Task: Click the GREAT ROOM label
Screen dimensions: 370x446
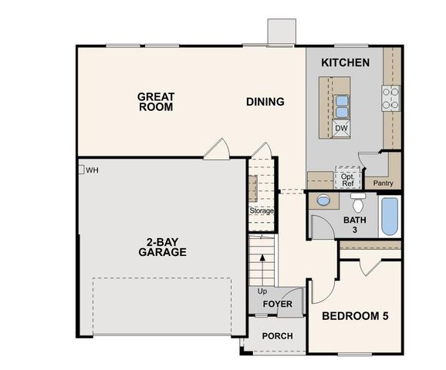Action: click(156, 103)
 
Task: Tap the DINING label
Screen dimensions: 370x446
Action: click(265, 102)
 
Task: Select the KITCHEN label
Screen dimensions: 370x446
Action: click(345, 62)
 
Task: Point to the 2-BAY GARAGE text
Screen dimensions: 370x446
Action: click(162, 246)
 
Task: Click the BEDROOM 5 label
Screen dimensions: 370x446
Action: click(356, 315)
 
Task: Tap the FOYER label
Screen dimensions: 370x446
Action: click(277, 304)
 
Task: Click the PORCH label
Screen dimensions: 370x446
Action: click(276, 336)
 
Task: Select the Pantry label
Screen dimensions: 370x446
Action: click(383, 183)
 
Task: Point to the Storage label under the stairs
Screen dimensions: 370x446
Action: click(262, 210)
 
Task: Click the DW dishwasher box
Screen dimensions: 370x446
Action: click(341, 128)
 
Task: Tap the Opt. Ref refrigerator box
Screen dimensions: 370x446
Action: click(348, 179)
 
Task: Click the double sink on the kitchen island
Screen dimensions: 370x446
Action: click(342, 104)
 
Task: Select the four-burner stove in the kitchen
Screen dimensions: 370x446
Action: click(390, 97)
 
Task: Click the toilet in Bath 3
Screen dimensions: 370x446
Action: click(358, 204)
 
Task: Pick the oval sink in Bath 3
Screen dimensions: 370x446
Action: click(323, 200)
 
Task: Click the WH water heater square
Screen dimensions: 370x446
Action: click(80, 170)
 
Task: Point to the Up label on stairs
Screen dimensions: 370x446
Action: click(262, 292)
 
